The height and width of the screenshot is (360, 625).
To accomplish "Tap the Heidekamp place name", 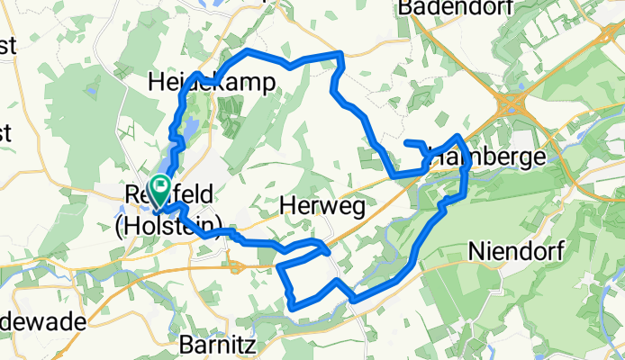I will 213,82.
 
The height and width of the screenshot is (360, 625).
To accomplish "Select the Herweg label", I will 322,207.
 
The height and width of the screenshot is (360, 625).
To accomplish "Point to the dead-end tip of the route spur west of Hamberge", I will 407,142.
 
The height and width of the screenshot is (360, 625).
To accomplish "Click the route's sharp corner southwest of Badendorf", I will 340,56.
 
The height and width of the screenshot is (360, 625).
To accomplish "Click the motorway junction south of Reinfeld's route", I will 236,265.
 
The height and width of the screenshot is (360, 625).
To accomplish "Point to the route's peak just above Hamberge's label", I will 459,137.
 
